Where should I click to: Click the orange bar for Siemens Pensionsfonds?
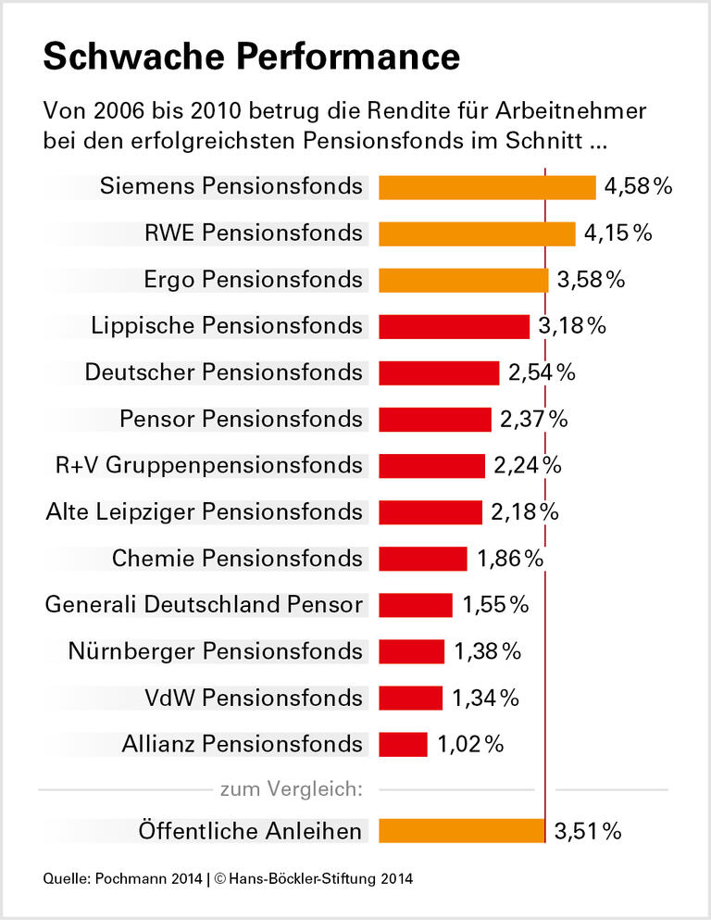487,187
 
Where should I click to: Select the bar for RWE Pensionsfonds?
477,233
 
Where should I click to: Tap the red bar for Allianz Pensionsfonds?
403,744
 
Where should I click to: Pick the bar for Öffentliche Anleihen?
462,831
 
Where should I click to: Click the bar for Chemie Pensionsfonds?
422,559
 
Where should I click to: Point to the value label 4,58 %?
637,187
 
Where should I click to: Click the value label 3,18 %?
571,326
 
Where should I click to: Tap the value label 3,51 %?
588,831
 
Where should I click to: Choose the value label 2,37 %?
533,419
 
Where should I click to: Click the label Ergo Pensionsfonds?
254,280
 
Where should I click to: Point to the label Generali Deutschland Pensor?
204,605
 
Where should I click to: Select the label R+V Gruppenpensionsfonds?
209,465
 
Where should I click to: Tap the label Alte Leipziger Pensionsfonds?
204,511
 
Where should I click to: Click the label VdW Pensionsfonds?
254,698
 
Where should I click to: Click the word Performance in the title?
345,57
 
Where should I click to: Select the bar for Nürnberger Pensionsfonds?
412,651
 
